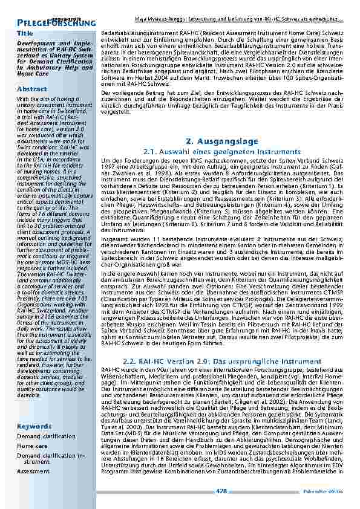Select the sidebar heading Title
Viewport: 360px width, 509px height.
25,33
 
